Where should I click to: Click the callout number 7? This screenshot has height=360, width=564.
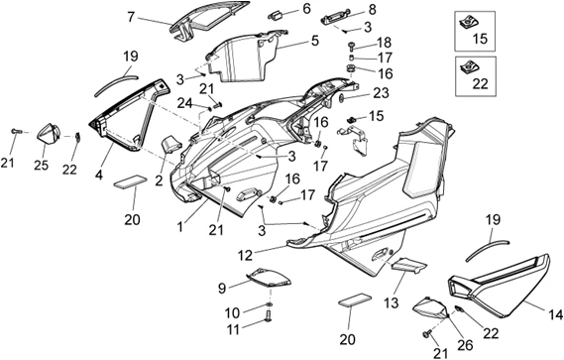tap(132, 17)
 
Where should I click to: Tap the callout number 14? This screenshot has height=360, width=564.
tap(556, 315)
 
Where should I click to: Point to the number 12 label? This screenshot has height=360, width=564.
tap(245, 255)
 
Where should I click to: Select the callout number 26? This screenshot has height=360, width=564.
tap(465, 345)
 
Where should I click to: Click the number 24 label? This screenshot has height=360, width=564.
tap(185, 103)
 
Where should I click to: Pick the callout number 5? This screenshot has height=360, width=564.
tap(315, 41)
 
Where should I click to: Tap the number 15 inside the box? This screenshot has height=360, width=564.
tap(480, 39)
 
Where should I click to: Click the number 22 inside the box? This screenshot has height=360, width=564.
tap(480, 84)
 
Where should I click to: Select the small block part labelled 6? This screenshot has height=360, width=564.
tap(276, 16)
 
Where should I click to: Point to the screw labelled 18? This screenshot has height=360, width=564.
tap(351, 46)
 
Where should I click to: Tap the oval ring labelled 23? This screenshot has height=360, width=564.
tap(342, 98)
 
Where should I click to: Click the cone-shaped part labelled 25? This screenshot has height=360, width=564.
tap(50, 133)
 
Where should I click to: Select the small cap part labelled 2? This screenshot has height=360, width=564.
tap(171, 144)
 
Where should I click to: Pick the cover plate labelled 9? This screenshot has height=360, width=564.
tap(269, 279)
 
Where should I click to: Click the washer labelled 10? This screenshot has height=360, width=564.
tap(269, 305)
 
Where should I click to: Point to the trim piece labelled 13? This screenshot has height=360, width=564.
tap(409, 266)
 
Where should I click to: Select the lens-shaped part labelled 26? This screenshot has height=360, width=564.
tap(430, 307)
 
